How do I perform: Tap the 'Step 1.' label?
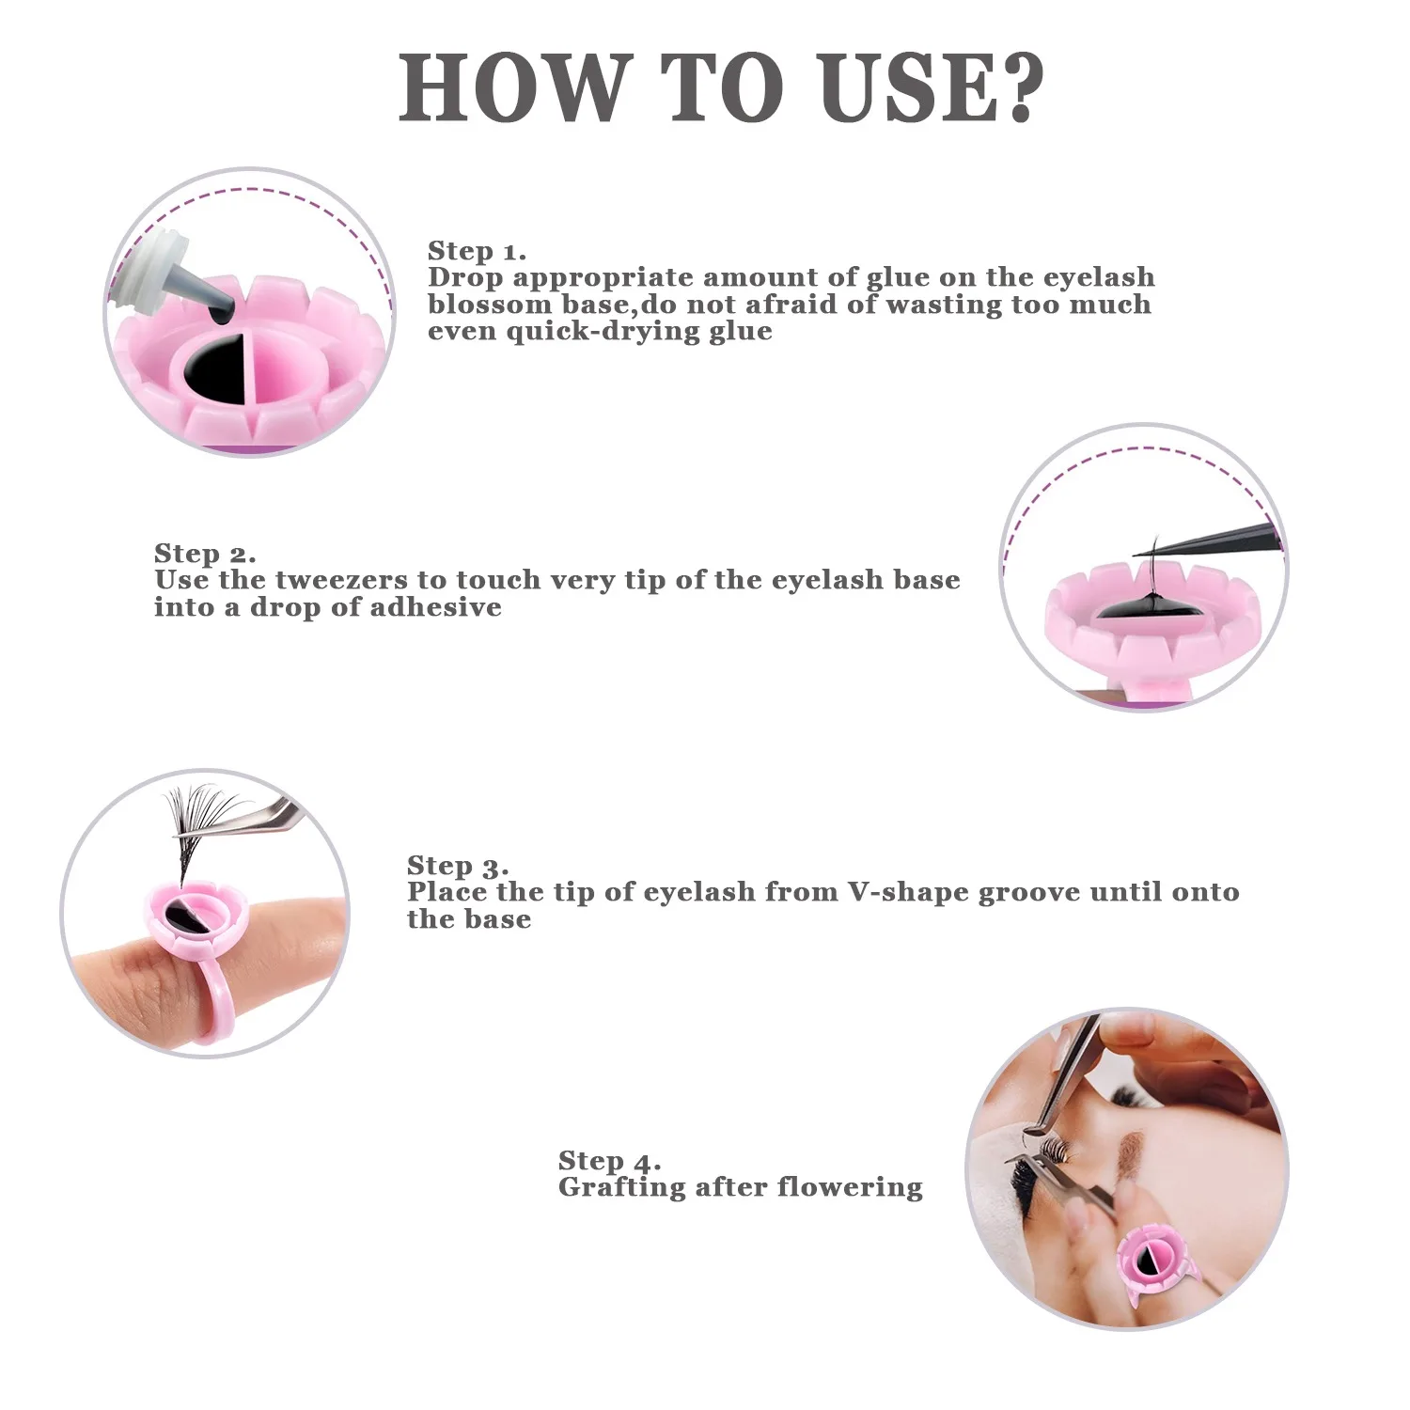click(x=477, y=251)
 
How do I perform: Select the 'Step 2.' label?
click(x=205, y=554)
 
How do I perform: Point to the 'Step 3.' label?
click(x=458, y=866)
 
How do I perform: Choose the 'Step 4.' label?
click(x=609, y=1161)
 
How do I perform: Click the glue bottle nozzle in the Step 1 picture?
click(x=211, y=291)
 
